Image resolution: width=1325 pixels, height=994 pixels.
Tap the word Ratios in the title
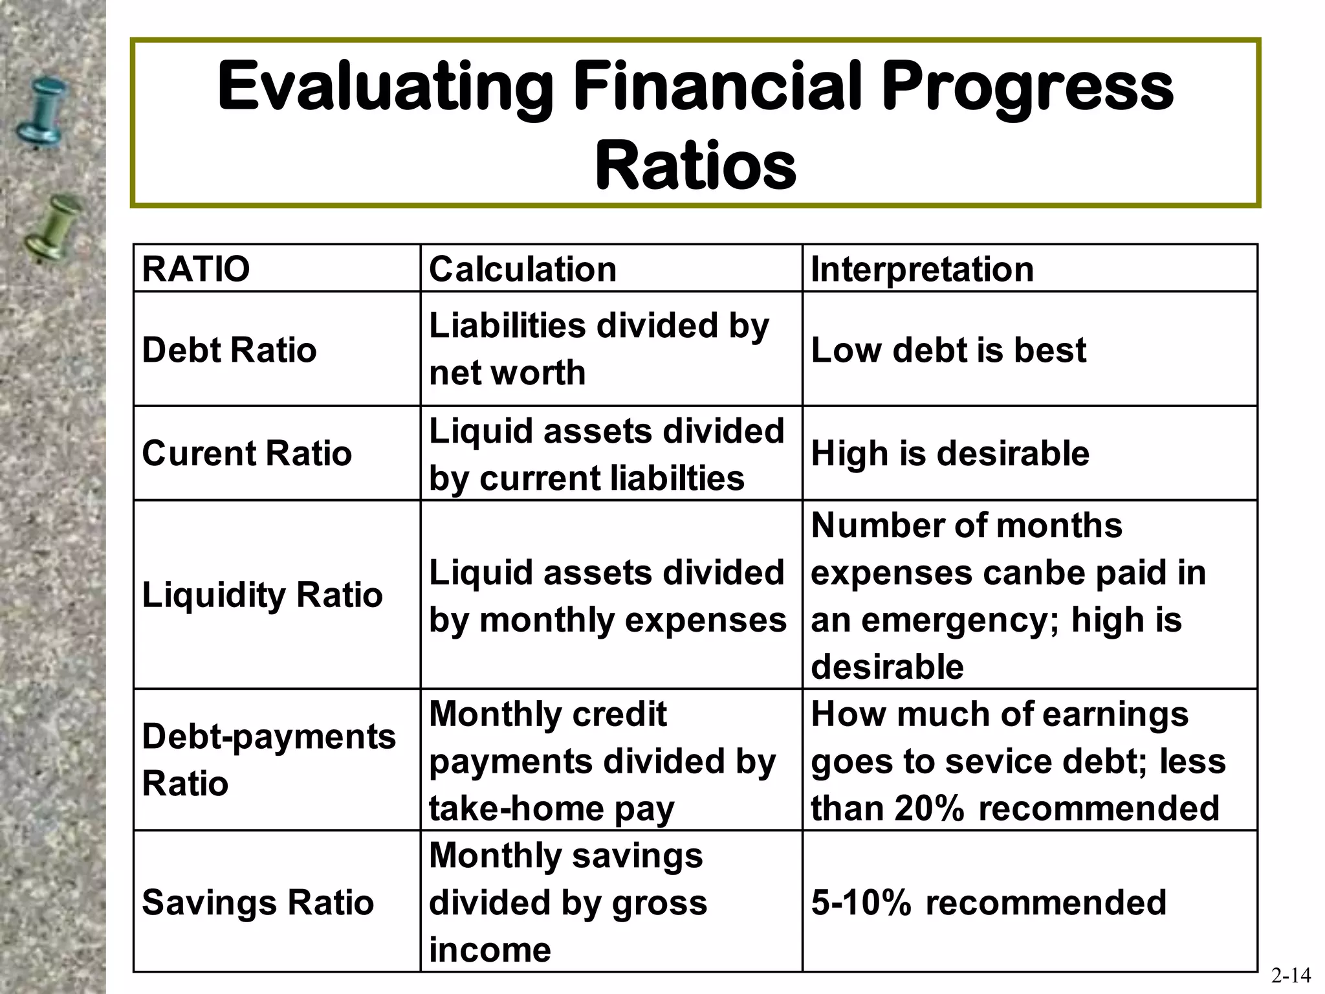(x=695, y=166)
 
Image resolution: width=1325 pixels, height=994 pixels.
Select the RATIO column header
(x=196, y=269)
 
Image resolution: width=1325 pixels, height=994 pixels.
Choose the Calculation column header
(x=522, y=269)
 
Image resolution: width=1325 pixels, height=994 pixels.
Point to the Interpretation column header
(x=922, y=269)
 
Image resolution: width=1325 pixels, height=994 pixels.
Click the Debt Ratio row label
(x=229, y=349)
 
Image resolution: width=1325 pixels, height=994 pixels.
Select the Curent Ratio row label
(x=246, y=453)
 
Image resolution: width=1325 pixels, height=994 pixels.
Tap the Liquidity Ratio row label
(x=262, y=594)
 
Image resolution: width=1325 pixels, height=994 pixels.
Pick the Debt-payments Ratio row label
(x=268, y=760)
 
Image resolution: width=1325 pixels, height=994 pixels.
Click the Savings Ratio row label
(x=257, y=902)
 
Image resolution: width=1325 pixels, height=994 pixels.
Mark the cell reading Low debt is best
(x=948, y=349)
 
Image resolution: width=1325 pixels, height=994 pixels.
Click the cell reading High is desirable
(x=950, y=453)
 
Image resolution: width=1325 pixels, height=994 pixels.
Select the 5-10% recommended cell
(x=988, y=902)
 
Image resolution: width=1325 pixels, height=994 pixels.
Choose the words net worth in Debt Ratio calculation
(x=507, y=373)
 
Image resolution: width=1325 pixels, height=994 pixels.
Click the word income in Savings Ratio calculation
(x=490, y=949)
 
